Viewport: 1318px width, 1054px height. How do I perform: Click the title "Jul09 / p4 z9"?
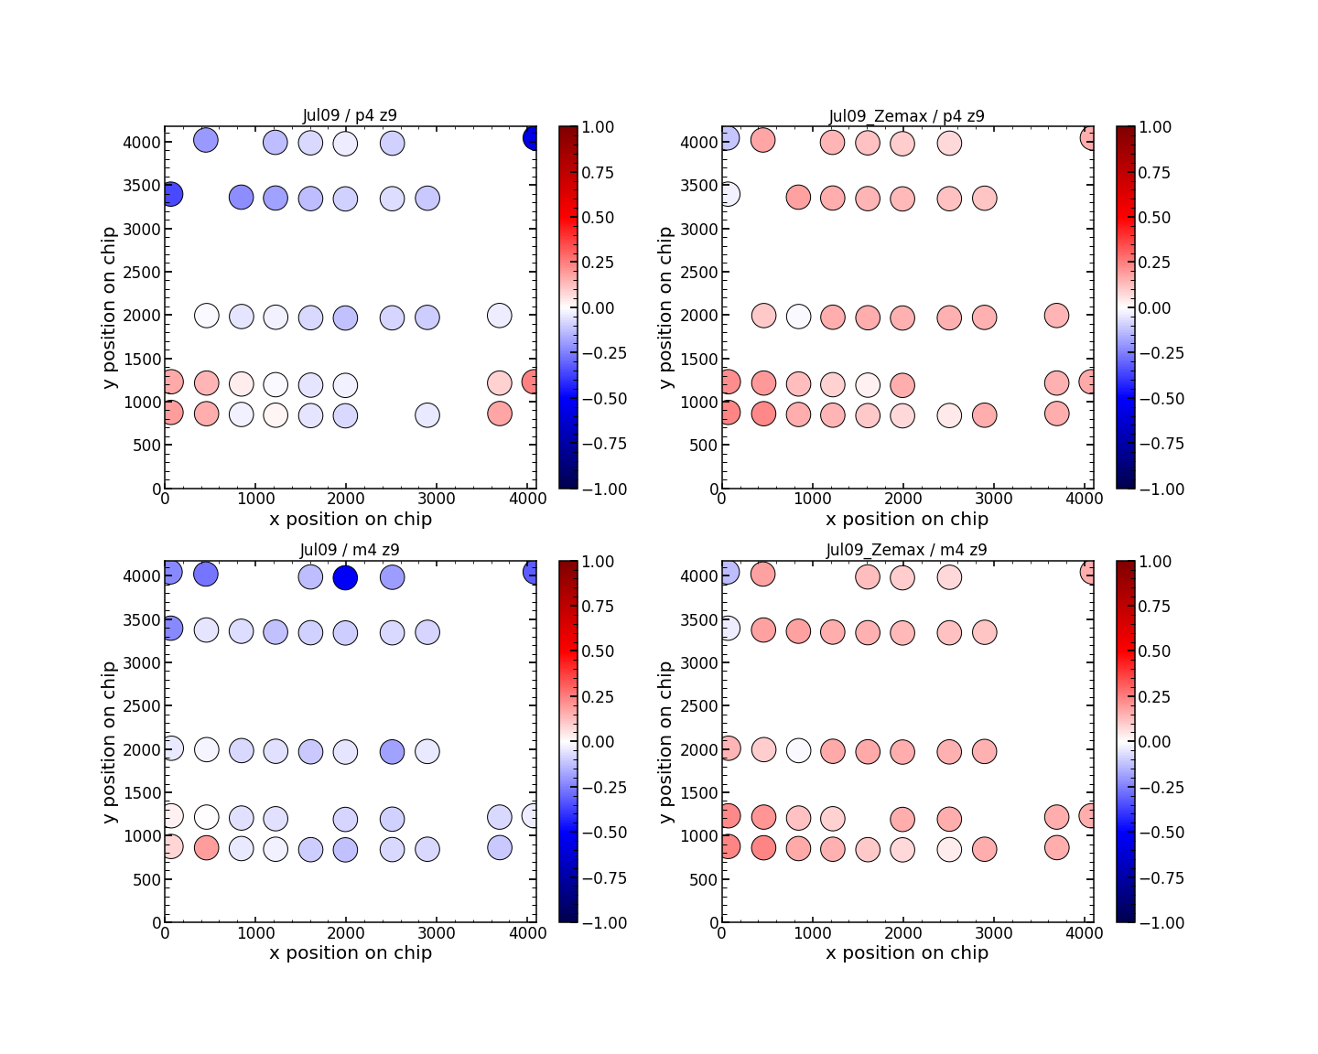click(x=350, y=115)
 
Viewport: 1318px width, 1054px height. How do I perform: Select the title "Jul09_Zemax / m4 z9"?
click(x=906, y=550)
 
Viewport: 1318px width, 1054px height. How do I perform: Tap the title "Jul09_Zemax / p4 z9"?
click(x=906, y=116)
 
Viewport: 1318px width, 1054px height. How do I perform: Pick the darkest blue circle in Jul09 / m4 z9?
click(x=345, y=577)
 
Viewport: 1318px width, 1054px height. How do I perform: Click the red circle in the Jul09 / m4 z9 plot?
click(x=206, y=847)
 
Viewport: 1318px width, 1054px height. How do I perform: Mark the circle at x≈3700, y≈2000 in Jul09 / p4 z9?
click(x=499, y=316)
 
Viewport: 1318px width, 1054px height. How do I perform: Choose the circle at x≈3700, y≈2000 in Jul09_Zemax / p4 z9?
click(x=1056, y=316)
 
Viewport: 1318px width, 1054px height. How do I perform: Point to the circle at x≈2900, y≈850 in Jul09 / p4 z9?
click(x=427, y=415)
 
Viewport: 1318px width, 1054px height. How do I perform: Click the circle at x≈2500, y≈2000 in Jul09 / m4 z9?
click(x=392, y=751)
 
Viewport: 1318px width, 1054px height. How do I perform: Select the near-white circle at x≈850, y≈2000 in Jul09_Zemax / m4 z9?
click(x=798, y=750)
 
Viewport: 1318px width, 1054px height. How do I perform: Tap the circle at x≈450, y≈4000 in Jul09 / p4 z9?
click(x=206, y=140)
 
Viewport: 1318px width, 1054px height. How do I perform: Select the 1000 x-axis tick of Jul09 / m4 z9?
click(x=254, y=933)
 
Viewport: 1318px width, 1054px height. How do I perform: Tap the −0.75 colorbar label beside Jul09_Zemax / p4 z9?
click(x=1154, y=444)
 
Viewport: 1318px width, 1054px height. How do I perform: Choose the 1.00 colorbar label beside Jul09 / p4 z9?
click(x=600, y=127)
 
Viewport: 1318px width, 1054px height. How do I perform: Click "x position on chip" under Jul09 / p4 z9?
click(x=351, y=519)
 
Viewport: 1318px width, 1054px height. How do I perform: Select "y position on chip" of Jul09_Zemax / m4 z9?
click(x=666, y=742)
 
